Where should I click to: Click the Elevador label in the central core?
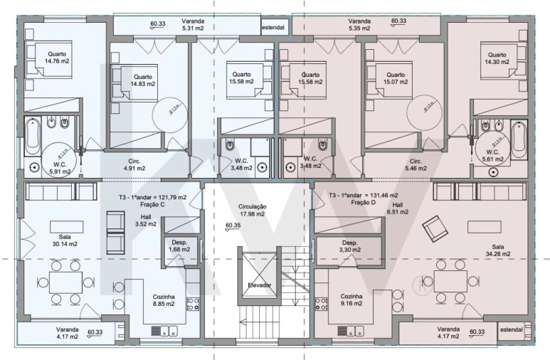coord(259,285)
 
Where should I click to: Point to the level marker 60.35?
coord(233,226)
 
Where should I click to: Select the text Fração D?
coord(345,203)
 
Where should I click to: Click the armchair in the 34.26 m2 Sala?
coord(432,229)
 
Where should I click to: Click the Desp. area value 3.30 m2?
coord(349,250)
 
